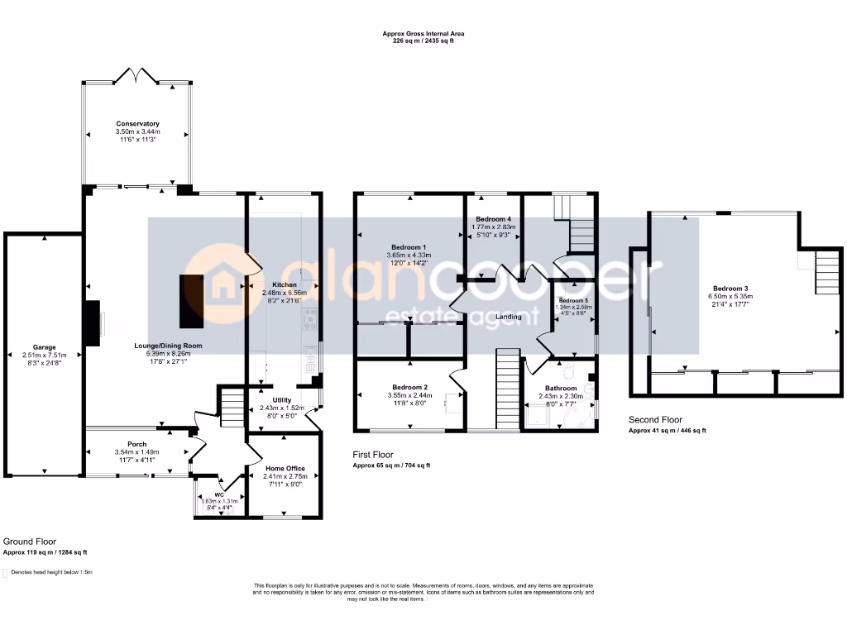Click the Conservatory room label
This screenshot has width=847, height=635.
point(137,124)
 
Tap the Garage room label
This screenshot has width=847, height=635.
point(44,347)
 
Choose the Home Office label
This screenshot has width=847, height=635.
point(285,468)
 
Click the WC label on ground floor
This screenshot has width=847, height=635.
point(219,495)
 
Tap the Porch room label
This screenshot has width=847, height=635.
point(136,444)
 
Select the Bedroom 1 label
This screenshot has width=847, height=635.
point(409,247)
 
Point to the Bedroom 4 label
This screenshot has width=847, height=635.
point(493,219)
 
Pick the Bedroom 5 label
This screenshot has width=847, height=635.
point(573,301)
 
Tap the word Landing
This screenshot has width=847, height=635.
point(508,317)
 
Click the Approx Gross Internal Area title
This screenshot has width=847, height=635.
point(423,34)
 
